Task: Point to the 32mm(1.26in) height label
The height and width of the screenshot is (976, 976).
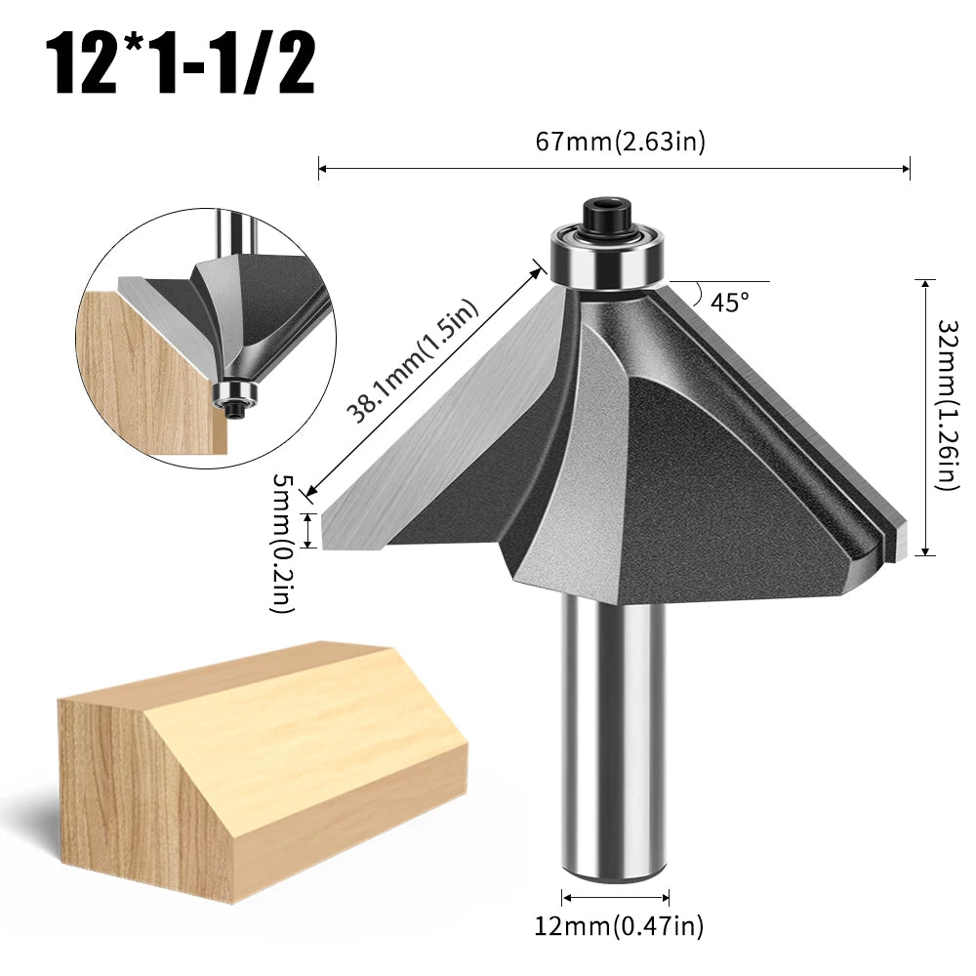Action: tap(946, 404)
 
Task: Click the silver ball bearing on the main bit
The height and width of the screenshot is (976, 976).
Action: tap(604, 254)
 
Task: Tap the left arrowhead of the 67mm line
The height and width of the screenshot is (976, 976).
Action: tap(323, 170)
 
